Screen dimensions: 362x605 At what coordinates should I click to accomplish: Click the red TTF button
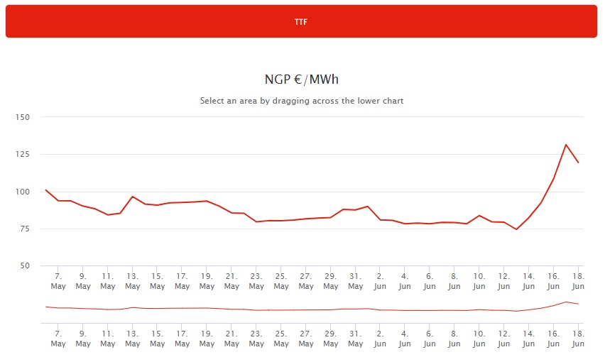[301, 21]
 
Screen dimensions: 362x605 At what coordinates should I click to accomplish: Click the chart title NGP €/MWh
[302, 79]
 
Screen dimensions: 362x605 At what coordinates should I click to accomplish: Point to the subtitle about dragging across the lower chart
[302, 101]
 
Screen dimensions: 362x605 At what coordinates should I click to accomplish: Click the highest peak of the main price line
[566, 145]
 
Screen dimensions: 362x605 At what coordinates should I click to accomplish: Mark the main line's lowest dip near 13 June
[517, 229]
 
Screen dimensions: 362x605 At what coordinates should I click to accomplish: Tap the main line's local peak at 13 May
[133, 197]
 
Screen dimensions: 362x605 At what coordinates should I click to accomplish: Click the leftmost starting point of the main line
[45, 190]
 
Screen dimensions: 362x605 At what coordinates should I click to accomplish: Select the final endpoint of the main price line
[579, 163]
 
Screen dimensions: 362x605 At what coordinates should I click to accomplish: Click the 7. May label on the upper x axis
[58, 281]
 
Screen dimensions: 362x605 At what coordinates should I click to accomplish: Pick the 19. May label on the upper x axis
[207, 281]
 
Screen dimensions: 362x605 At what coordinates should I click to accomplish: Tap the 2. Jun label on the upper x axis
[380, 281]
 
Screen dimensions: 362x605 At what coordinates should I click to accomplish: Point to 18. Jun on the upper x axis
[578, 281]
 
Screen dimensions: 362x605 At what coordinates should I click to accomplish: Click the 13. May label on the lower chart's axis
[133, 338]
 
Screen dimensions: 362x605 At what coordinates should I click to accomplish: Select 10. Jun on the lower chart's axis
[479, 338]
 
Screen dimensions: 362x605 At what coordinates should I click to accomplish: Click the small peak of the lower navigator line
[566, 302]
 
